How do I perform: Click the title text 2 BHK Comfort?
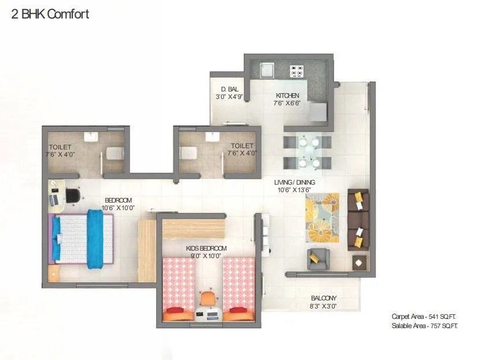[x=50, y=14]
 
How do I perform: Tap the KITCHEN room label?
[x=287, y=95]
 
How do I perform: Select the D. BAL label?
[x=230, y=89]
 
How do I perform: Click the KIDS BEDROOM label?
[x=206, y=248]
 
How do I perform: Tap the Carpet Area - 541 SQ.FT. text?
[x=424, y=317]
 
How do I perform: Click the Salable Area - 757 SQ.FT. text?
[x=424, y=326]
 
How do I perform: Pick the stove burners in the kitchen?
[x=297, y=71]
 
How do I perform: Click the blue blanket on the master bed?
[x=95, y=239]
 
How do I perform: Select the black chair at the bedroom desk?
[x=73, y=196]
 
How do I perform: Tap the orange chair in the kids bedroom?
[x=208, y=299]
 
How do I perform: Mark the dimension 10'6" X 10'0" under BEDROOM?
[x=117, y=208]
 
